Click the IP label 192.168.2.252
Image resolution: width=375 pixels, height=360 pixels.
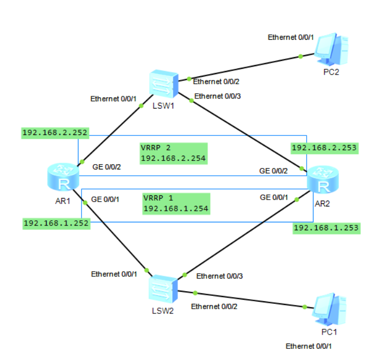(55, 132)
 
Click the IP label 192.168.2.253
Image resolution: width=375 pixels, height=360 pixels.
(324, 148)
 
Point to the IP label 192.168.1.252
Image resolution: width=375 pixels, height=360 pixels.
(56, 223)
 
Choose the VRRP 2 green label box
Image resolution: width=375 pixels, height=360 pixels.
(173, 152)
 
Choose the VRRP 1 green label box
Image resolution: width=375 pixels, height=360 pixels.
(176, 204)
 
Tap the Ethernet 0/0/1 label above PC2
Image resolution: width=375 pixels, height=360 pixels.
(291, 37)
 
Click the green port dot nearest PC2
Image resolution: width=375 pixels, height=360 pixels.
(300, 56)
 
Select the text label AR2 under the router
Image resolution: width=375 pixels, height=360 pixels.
(324, 202)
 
